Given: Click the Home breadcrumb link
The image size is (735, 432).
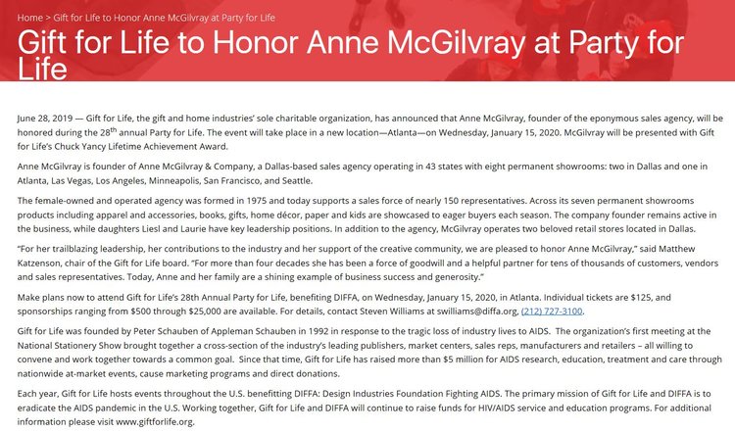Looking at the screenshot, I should coord(29,19).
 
